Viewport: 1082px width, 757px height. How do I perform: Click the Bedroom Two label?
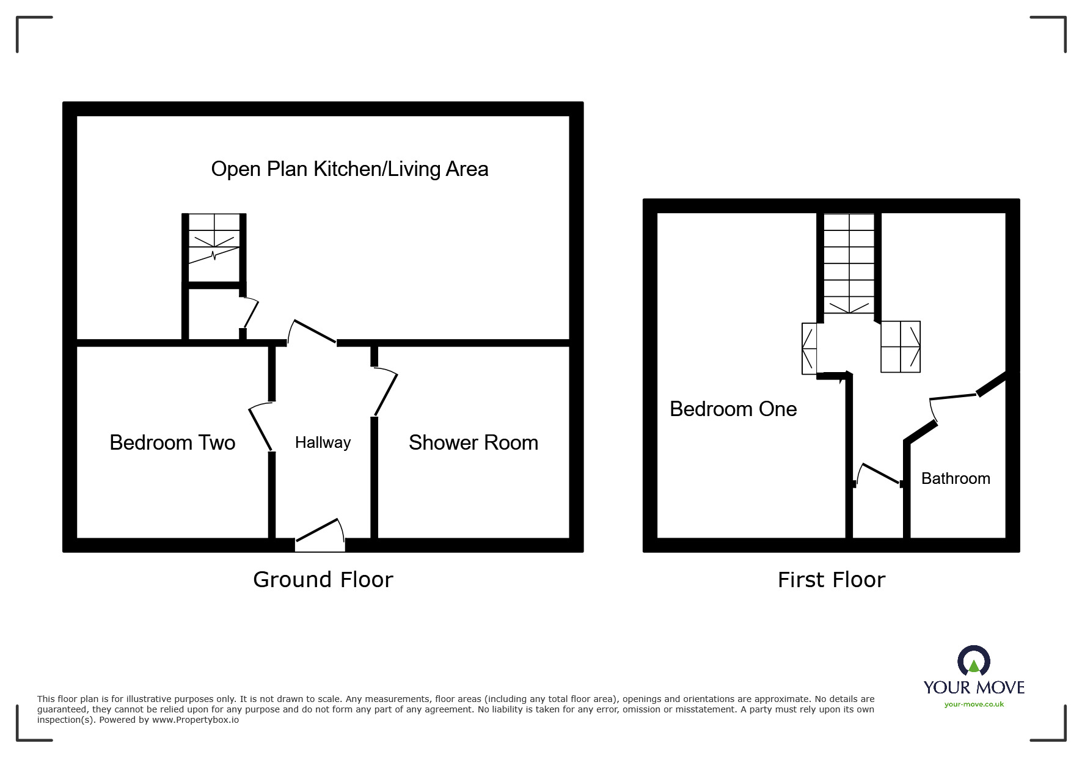tap(172, 442)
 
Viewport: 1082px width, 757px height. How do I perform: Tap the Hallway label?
tap(323, 442)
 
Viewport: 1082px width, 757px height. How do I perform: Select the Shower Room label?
tap(473, 442)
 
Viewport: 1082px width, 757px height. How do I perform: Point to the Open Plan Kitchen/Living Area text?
tap(349, 169)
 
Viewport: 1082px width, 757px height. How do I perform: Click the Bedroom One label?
tap(733, 409)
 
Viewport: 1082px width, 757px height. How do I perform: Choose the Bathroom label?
tap(955, 478)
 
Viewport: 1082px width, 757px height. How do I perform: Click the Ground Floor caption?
tap(323, 579)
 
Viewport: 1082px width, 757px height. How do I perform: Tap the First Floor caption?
tap(831, 579)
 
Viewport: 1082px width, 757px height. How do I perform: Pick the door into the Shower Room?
tap(386, 394)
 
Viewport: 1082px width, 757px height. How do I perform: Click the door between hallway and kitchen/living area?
tap(313, 332)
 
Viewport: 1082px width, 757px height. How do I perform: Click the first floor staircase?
tap(849, 264)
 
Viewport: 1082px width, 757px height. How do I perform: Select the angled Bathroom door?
tap(953, 398)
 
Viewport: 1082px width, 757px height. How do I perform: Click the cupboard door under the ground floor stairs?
tap(250, 313)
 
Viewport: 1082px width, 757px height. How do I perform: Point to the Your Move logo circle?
tap(973, 662)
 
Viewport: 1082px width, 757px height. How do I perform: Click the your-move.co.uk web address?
tap(974, 704)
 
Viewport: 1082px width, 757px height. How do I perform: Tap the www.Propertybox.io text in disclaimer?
tap(195, 720)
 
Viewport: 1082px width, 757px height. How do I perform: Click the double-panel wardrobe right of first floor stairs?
tap(900, 346)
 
